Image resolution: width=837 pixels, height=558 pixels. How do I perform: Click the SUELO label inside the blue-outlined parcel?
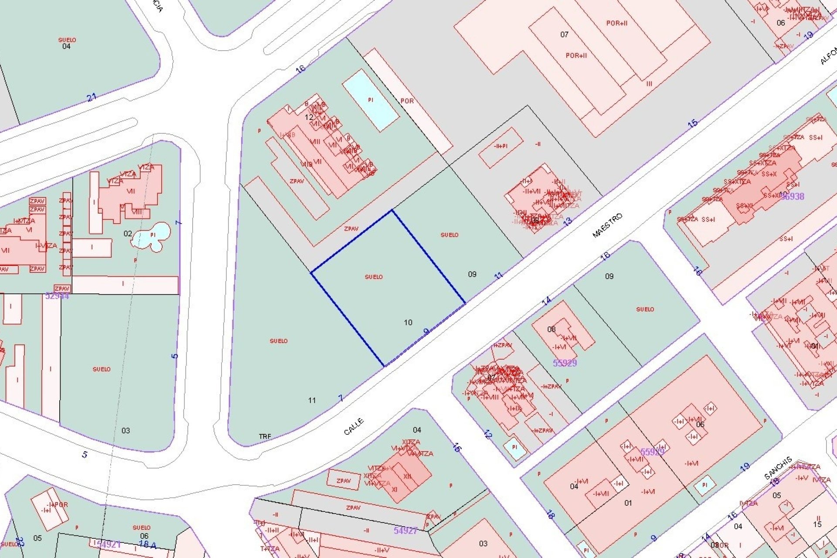click(x=374, y=277)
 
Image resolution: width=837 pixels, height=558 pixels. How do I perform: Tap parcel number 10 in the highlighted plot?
click(x=408, y=323)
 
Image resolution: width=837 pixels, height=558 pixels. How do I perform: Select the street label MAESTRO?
click(x=607, y=225)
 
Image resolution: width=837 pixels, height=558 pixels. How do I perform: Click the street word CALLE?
click(x=354, y=426)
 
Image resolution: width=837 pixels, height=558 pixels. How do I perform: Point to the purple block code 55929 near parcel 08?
click(x=565, y=363)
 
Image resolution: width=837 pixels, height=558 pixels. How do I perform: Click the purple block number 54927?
click(x=405, y=531)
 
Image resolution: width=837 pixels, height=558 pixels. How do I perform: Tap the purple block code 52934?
click(x=57, y=296)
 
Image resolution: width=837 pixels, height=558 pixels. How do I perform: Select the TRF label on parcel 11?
click(x=265, y=436)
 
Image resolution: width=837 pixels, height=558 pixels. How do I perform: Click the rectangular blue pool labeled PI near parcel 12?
click(x=371, y=100)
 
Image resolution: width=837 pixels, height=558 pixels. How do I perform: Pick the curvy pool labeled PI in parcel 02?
click(x=153, y=235)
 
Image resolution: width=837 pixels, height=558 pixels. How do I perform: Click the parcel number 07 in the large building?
click(x=565, y=34)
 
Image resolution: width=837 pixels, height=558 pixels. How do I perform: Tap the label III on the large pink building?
click(x=649, y=84)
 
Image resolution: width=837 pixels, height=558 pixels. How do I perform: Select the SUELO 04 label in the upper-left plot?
click(x=67, y=43)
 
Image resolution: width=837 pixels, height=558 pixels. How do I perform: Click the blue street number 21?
click(x=92, y=97)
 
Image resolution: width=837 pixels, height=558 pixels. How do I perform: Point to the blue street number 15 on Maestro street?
click(x=692, y=123)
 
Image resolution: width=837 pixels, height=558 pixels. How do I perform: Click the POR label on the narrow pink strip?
click(x=407, y=101)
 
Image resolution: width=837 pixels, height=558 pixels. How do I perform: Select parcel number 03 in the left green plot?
click(x=126, y=431)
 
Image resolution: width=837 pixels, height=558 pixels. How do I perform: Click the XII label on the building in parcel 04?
click(x=407, y=476)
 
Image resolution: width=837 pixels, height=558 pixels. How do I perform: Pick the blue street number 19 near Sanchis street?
click(x=745, y=467)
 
